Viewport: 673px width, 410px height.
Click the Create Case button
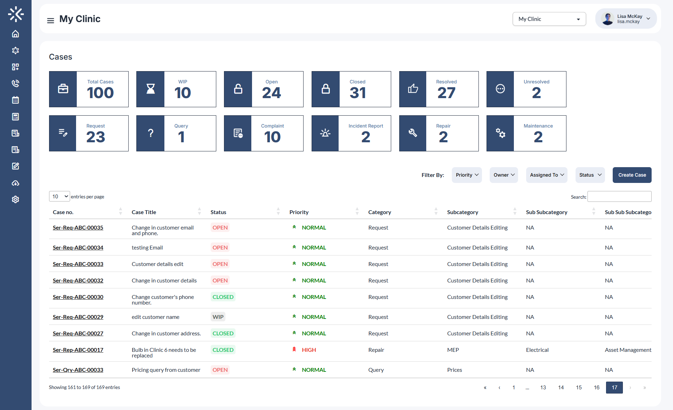tap(632, 175)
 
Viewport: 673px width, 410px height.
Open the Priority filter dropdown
tap(467, 175)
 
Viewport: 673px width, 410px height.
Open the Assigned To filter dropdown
tap(546, 175)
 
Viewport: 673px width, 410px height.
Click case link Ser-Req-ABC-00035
tap(78, 227)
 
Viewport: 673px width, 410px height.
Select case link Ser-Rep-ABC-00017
tap(78, 350)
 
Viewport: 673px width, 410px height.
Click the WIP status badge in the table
tap(218, 317)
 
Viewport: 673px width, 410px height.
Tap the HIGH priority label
tap(308, 350)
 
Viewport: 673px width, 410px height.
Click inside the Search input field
tap(619, 197)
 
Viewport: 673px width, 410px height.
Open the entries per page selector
tap(59, 197)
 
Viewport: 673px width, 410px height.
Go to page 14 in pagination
tap(561, 387)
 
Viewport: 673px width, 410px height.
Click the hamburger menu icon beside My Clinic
tap(50, 20)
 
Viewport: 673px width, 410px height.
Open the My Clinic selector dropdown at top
tap(549, 19)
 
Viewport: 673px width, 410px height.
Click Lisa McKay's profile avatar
tap(607, 19)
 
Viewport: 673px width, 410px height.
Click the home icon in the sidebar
tap(15, 34)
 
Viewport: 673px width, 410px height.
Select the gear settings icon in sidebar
tap(15, 199)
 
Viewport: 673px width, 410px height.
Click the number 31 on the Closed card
tap(358, 93)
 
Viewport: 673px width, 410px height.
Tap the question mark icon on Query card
tap(150, 133)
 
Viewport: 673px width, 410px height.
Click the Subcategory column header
tap(462, 212)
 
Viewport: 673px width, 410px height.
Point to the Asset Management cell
tap(627, 350)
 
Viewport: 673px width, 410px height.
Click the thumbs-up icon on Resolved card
tap(413, 89)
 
